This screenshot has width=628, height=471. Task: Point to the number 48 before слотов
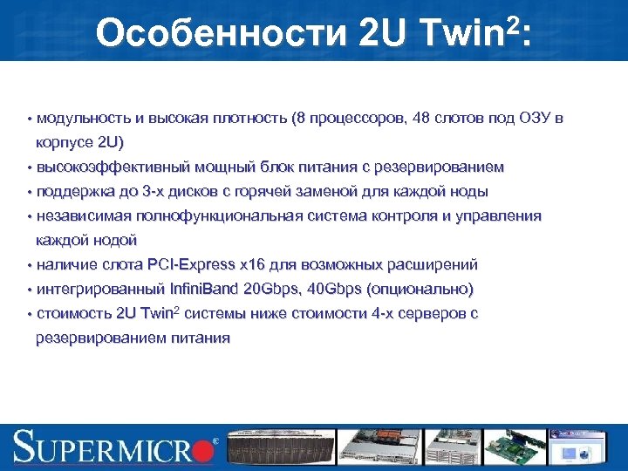419,118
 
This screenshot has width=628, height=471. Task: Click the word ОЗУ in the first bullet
534,118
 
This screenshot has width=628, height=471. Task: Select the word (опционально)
421,289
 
